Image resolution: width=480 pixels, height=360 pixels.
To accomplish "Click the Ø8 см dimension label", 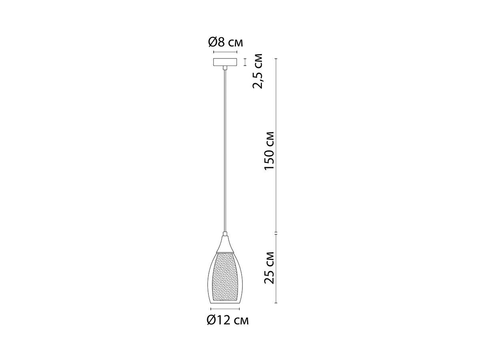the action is (226, 42).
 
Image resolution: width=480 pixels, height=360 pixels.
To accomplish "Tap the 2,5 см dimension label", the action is (257, 71).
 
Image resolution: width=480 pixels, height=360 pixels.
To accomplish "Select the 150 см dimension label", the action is (269, 151).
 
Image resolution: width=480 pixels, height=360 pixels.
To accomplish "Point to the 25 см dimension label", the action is (269, 268).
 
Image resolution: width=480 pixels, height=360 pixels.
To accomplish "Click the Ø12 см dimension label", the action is (228, 320).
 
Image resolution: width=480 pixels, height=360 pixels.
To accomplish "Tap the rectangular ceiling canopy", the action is (225, 62).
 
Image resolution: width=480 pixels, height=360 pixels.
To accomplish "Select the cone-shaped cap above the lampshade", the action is (225, 244).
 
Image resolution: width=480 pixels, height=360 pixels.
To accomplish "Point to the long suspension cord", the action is (225, 151).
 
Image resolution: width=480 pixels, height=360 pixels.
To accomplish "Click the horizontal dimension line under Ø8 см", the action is (225, 52).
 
